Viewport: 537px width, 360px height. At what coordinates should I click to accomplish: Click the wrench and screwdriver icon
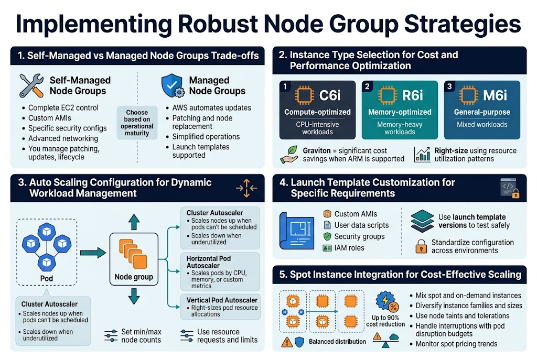pos(31,85)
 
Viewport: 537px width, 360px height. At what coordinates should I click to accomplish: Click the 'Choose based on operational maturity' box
pos(137,123)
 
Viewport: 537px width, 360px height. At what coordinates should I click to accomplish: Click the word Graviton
pos(317,150)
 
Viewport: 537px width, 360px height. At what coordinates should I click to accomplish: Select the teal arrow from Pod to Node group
pos(92,254)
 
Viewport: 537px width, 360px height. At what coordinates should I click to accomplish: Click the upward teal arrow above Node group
pos(133,222)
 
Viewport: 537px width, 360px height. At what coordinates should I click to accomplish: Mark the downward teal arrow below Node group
pos(133,297)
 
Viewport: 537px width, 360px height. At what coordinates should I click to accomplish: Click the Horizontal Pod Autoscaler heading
pos(208,263)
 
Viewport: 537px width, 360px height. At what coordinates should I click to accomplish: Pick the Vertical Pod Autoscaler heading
pos(222,300)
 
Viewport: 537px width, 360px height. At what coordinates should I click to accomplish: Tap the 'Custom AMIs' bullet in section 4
pos(355,214)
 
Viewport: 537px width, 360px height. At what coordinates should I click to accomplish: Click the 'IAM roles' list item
pos(349,248)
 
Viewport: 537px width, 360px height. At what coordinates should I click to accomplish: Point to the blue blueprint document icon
pos(297,230)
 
